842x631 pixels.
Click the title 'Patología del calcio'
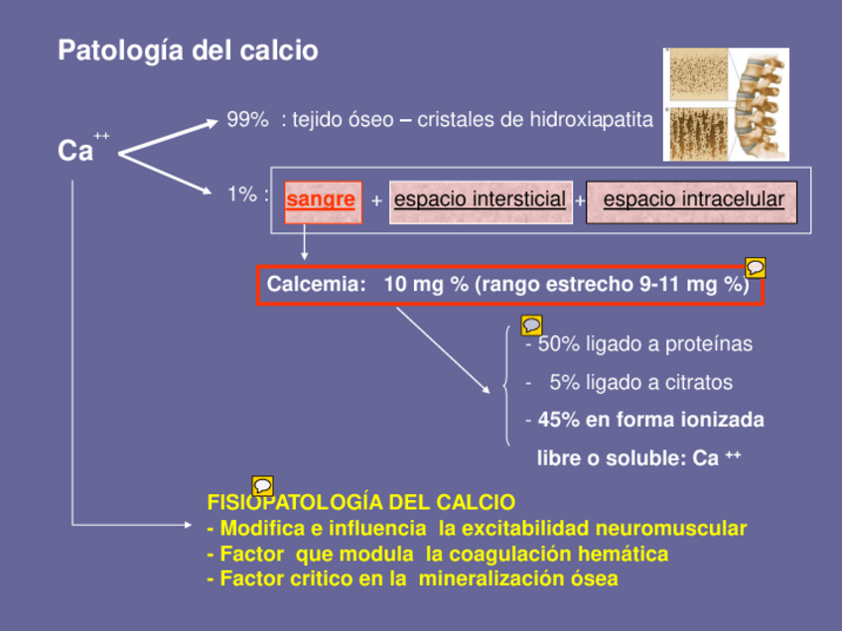click(188, 51)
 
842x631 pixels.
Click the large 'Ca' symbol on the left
click(75, 151)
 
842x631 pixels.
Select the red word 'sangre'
click(320, 199)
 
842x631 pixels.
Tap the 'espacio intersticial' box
click(480, 199)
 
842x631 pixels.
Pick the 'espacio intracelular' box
click(693, 199)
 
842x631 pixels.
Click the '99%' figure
click(248, 120)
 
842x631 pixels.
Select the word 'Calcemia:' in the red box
click(312, 284)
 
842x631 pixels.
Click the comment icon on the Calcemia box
click(756, 267)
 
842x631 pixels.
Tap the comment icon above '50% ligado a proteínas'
click(531, 324)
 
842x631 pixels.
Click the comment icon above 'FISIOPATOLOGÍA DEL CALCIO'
click(263, 485)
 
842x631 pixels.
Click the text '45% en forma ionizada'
click(650, 420)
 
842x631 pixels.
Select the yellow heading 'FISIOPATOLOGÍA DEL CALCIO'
click(360, 502)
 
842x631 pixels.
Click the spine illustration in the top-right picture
click(761, 104)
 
